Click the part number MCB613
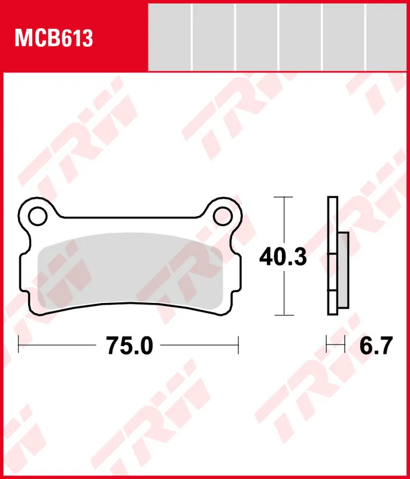click(54, 39)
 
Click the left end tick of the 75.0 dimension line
click(19, 345)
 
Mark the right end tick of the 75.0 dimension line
click(238, 345)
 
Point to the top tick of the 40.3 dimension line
click(283, 197)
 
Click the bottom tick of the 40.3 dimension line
click(283, 315)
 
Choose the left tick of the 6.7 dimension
click(327, 345)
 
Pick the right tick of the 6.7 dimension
click(346, 345)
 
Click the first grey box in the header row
click(169, 37)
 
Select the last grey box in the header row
click(387, 37)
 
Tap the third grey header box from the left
click(256, 37)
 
